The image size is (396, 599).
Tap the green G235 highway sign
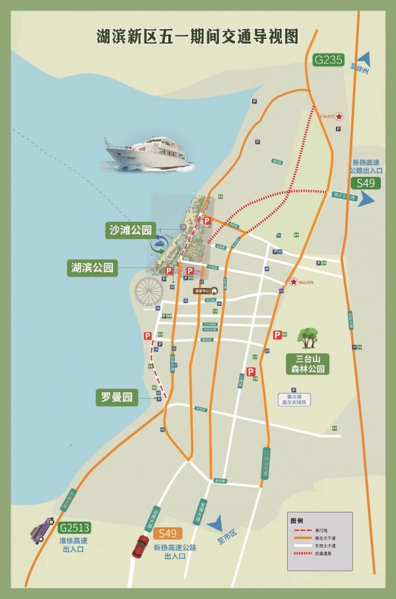pos(328,60)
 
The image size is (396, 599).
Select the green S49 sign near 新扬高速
pos(366,183)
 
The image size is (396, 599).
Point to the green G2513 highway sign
pos(74,528)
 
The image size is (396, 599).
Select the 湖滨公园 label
pos(92,267)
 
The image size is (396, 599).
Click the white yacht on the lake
pos(148,154)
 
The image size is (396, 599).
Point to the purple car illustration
pos(42,528)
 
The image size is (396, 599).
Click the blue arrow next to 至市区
pos(214,526)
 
